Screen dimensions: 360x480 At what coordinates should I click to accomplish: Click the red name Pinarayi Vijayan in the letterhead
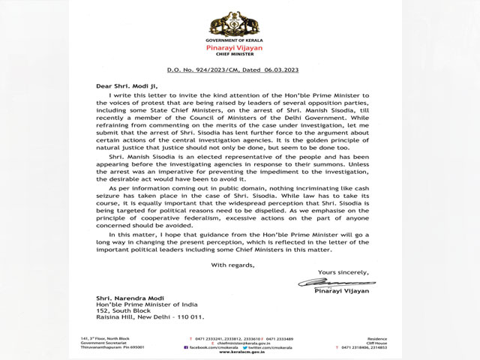click(x=240, y=44)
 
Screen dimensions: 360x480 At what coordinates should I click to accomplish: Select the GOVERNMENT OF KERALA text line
click(x=240, y=37)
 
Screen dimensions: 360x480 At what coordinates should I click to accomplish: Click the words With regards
click(x=233, y=265)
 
